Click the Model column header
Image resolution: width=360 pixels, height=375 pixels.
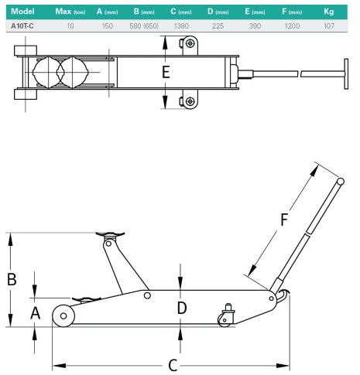pyautogui.click(x=22, y=12)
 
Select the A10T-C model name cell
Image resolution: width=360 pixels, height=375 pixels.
pyautogui.click(x=22, y=26)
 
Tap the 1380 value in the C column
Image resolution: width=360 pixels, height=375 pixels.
pyautogui.click(x=181, y=26)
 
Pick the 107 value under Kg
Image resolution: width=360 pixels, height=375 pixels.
pyautogui.click(x=329, y=26)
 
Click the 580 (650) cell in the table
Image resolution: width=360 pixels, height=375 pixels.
pyautogui.click(x=144, y=26)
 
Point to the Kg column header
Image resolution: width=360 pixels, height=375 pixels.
pyautogui.click(x=329, y=12)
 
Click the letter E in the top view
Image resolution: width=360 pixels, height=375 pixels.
pyautogui.click(x=166, y=72)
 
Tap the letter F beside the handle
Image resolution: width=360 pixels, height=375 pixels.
pyautogui.click(x=284, y=220)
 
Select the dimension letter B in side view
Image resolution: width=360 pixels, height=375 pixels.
pyautogui.click(x=12, y=279)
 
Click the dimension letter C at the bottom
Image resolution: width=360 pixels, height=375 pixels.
pyautogui.click(x=173, y=365)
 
